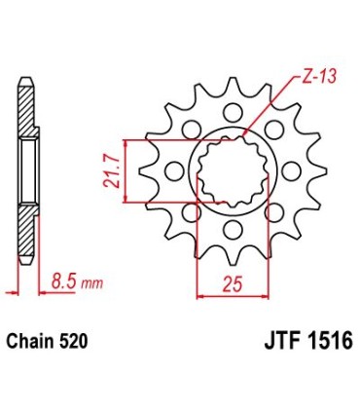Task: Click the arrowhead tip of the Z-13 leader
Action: click(x=245, y=133)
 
